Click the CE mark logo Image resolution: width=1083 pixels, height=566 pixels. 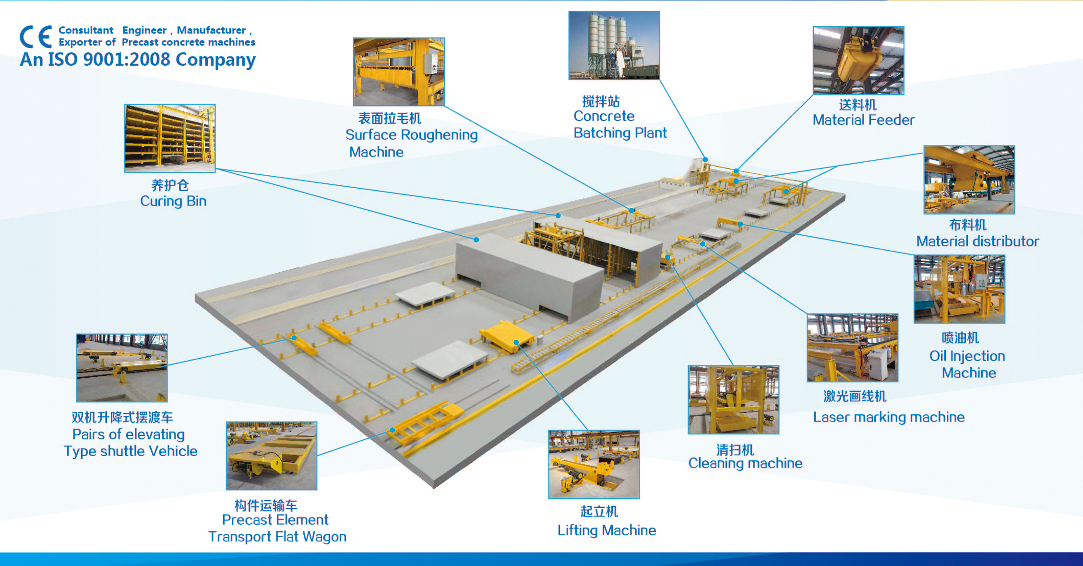36,37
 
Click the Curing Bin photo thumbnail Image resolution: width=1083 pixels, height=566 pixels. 170,138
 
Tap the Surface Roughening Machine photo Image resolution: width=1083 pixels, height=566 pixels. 399,72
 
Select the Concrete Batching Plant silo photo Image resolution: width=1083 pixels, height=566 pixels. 614,45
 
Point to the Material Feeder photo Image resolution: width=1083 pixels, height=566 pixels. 858,60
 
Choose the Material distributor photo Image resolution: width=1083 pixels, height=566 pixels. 969,180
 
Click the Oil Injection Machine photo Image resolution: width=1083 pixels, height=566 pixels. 959,289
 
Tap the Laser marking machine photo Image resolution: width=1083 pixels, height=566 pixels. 853,348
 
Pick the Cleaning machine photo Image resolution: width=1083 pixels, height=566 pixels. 733,400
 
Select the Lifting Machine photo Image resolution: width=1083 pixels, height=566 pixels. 594,464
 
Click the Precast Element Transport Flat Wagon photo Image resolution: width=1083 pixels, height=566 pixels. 272,456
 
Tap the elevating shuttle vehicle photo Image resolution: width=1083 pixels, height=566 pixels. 122,368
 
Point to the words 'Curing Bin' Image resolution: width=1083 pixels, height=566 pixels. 173,201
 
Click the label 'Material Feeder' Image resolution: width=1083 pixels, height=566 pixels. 863,120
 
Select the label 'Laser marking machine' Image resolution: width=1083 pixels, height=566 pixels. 889,417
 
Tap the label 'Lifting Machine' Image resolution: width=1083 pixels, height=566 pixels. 607,530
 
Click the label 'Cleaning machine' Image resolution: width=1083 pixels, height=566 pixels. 745,463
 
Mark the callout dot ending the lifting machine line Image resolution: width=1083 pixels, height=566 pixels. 516,343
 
